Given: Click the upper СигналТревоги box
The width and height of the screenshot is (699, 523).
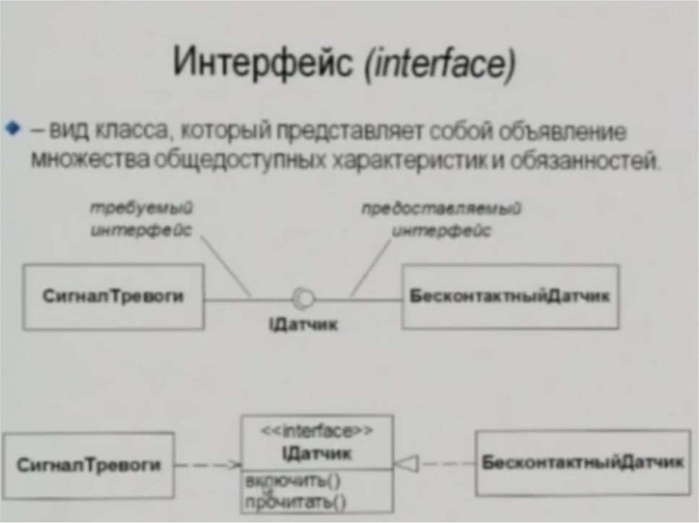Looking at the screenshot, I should click(x=113, y=297).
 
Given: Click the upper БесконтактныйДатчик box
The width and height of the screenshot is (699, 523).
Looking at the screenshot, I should click(x=510, y=297).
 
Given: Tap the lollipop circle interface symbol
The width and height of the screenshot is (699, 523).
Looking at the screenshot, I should click(x=302, y=298).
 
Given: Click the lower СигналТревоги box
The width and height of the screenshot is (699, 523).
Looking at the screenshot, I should click(x=89, y=466).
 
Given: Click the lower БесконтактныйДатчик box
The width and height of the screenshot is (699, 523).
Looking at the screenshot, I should click(x=582, y=463).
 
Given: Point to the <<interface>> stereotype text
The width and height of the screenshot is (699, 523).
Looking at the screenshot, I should click(x=317, y=431).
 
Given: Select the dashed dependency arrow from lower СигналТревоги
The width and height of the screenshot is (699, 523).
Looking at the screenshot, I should click(x=208, y=465).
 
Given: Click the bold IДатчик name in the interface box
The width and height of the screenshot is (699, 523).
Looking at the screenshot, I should click(x=317, y=452).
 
